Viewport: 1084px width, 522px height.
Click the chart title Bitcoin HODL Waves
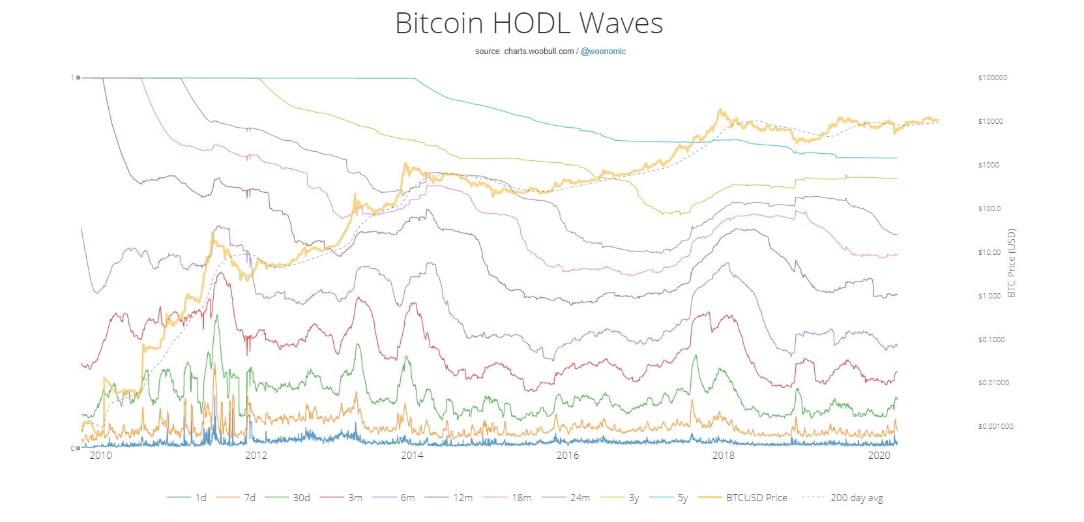click(x=529, y=23)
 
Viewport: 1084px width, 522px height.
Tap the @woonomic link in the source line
click(x=603, y=51)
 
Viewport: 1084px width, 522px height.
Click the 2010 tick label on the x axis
click(x=100, y=456)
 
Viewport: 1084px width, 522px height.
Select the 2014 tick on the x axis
click(x=412, y=456)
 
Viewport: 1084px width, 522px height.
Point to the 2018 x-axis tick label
click(x=724, y=456)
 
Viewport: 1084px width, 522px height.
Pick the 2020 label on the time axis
click(x=879, y=456)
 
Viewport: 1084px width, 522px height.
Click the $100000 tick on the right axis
click(x=992, y=78)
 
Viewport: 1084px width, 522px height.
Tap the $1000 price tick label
click(x=988, y=165)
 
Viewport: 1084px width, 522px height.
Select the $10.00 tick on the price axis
click(x=989, y=252)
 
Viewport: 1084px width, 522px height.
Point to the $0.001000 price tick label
click(x=995, y=426)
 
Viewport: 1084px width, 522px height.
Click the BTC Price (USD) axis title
click(x=1012, y=263)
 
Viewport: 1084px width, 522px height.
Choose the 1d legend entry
click(x=200, y=498)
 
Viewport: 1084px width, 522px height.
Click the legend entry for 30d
click(x=300, y=498)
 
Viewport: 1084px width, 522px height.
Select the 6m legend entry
click(x=407, y=498)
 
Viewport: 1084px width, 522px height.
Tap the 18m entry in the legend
click(x=521, y=498)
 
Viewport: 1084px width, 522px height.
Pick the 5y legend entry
click(x=682, y=498)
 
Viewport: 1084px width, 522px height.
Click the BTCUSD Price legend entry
click(x=756, y=498)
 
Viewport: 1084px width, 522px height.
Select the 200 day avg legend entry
click(x=856, y=498)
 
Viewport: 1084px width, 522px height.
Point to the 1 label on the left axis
click(x=72, y=78)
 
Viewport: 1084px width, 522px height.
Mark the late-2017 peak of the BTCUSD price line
click(x=720, y=110)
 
